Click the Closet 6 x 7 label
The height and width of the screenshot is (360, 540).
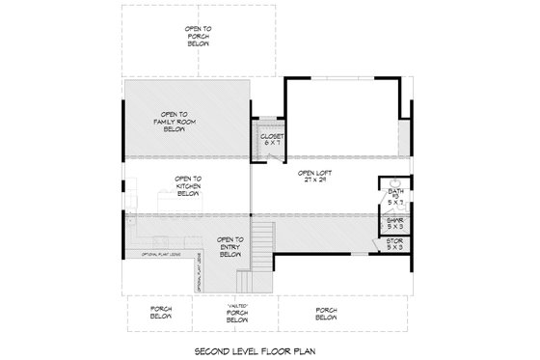[x=270, y=141]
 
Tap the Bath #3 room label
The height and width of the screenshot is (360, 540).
[x=394, y=198]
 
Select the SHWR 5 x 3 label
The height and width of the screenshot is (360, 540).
[x=394, y=223]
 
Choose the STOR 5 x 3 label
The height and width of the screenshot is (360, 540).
[x=394, y=244]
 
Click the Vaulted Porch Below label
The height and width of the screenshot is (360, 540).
[x=237, y=314]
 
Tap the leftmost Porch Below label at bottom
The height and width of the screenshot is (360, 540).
[x=161, y=314]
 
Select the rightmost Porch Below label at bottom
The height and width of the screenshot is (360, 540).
[x=326, y=314]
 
